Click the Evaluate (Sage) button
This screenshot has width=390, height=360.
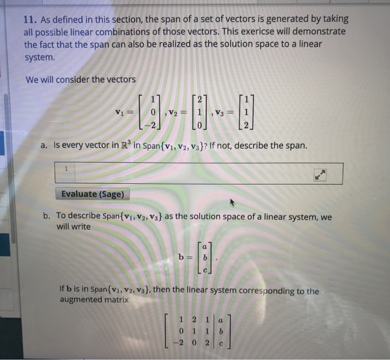[x=92, y=194]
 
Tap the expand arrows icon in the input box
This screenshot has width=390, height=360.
[x=320, y=174]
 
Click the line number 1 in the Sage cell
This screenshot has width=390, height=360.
[x=66, y=167]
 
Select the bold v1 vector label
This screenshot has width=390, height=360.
[x=119, y=110]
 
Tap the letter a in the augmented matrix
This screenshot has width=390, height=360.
[x=222, y=321]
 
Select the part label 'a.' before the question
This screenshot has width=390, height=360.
[x=45, y=146]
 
